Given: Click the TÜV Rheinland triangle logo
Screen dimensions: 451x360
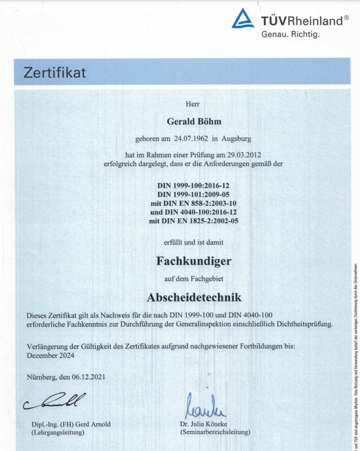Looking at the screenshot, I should pyautogui.click(x=243, y=19).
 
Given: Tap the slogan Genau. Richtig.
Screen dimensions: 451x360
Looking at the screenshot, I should pyautogui.click(x=290, y=35).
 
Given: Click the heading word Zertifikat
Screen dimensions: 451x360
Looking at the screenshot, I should pyautogui.click(x=55, y=73).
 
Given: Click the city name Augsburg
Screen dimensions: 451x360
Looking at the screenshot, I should pyautogui.click(x=236, y=139).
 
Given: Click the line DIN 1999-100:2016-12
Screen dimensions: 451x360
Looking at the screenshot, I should pyautogui.click(x=194, y=185).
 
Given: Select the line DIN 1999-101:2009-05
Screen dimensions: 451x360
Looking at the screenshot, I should pyautogui.click(x=194, y=194).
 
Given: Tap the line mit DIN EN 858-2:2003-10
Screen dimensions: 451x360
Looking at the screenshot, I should pyautogui.click(x=194, y=203).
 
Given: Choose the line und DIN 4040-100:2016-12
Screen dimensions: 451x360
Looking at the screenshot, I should pyautogui.click(x=194, y=212).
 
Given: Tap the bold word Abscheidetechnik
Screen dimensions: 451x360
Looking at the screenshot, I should pyautogui.click(x=193, y=297).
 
